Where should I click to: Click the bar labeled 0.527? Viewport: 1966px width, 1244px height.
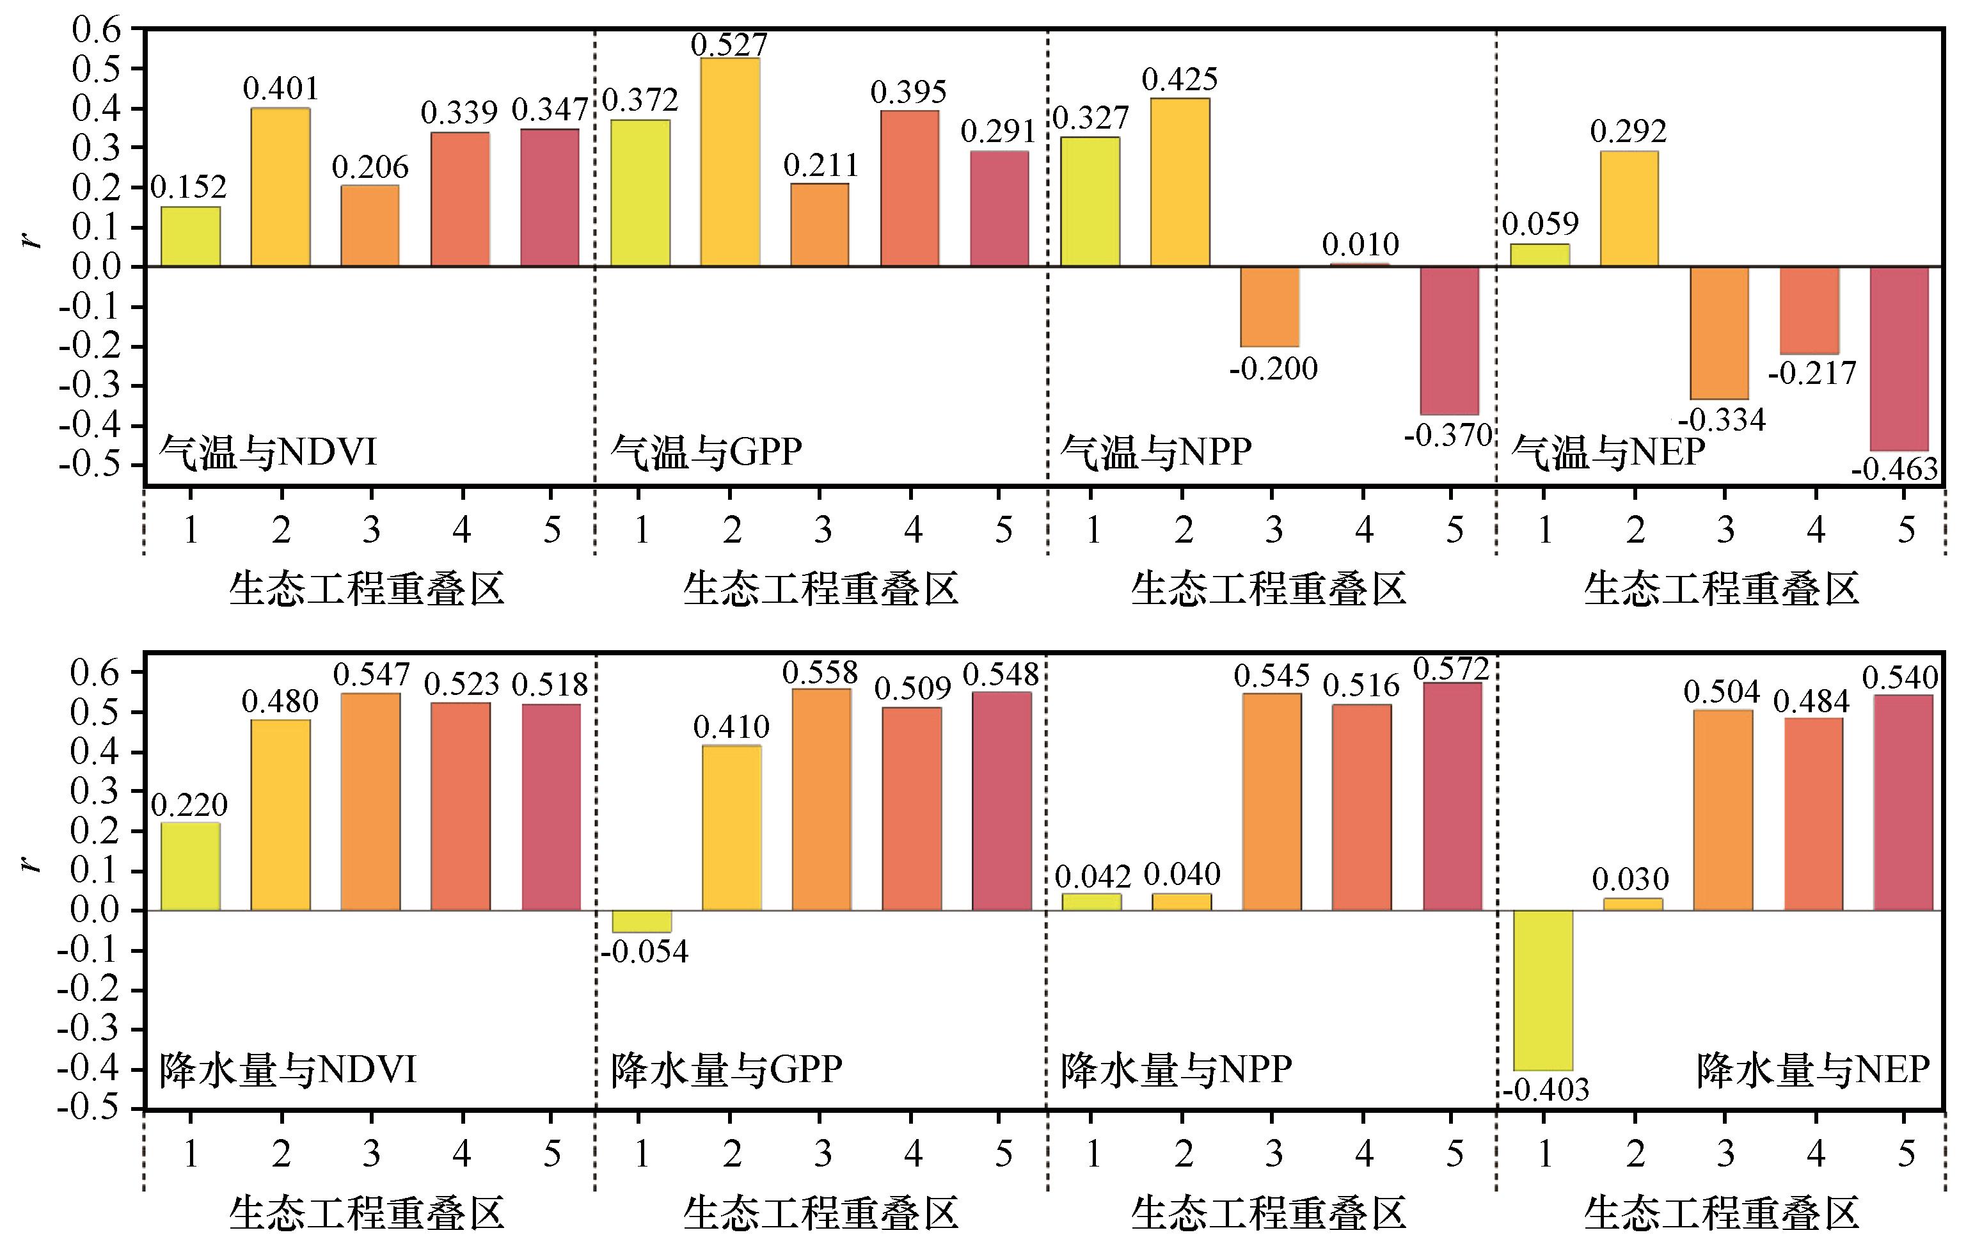730,162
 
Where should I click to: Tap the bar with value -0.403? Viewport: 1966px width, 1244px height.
1543,990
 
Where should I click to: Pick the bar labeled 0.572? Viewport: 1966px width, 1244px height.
1452,797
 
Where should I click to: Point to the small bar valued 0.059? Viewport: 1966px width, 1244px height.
1540,255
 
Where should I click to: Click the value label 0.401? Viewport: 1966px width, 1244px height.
281,88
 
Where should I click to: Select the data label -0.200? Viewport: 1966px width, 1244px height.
1273,369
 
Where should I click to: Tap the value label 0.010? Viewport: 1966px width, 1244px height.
1360,244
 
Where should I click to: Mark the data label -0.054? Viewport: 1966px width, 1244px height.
644,952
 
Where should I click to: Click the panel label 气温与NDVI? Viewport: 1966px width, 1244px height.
268,452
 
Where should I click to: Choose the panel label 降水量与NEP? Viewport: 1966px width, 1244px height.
1812,1070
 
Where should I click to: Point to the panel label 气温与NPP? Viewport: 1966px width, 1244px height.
1156,452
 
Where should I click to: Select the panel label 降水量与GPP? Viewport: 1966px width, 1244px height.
727,1070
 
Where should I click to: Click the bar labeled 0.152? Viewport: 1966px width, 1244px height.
190,237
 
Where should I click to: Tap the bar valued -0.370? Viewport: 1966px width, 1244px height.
1449,340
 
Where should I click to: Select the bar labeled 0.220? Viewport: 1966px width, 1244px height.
190,866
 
